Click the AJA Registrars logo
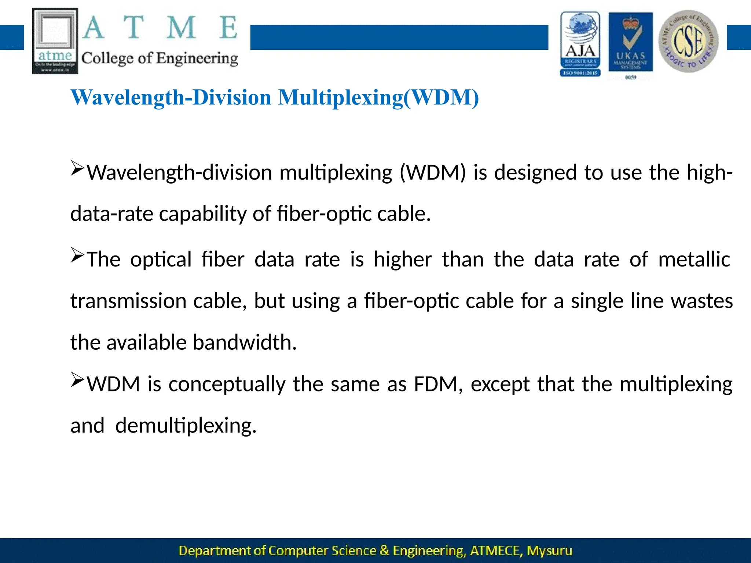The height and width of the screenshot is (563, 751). tap(580, 44)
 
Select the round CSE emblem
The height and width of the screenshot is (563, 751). tap(688, 41)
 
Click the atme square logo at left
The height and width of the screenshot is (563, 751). tap(55, 41)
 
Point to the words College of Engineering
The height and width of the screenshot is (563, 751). tap(160, 59)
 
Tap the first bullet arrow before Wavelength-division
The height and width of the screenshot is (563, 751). tap(77, 168)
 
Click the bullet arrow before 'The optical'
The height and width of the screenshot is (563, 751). tap(77, 255)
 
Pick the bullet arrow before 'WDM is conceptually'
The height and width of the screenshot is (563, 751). tap(77, 380)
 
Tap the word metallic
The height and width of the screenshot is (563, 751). tap(694, 260)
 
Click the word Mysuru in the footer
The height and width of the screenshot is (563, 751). tap(549, 551)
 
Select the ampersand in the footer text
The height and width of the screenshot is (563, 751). tap(384, 551)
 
